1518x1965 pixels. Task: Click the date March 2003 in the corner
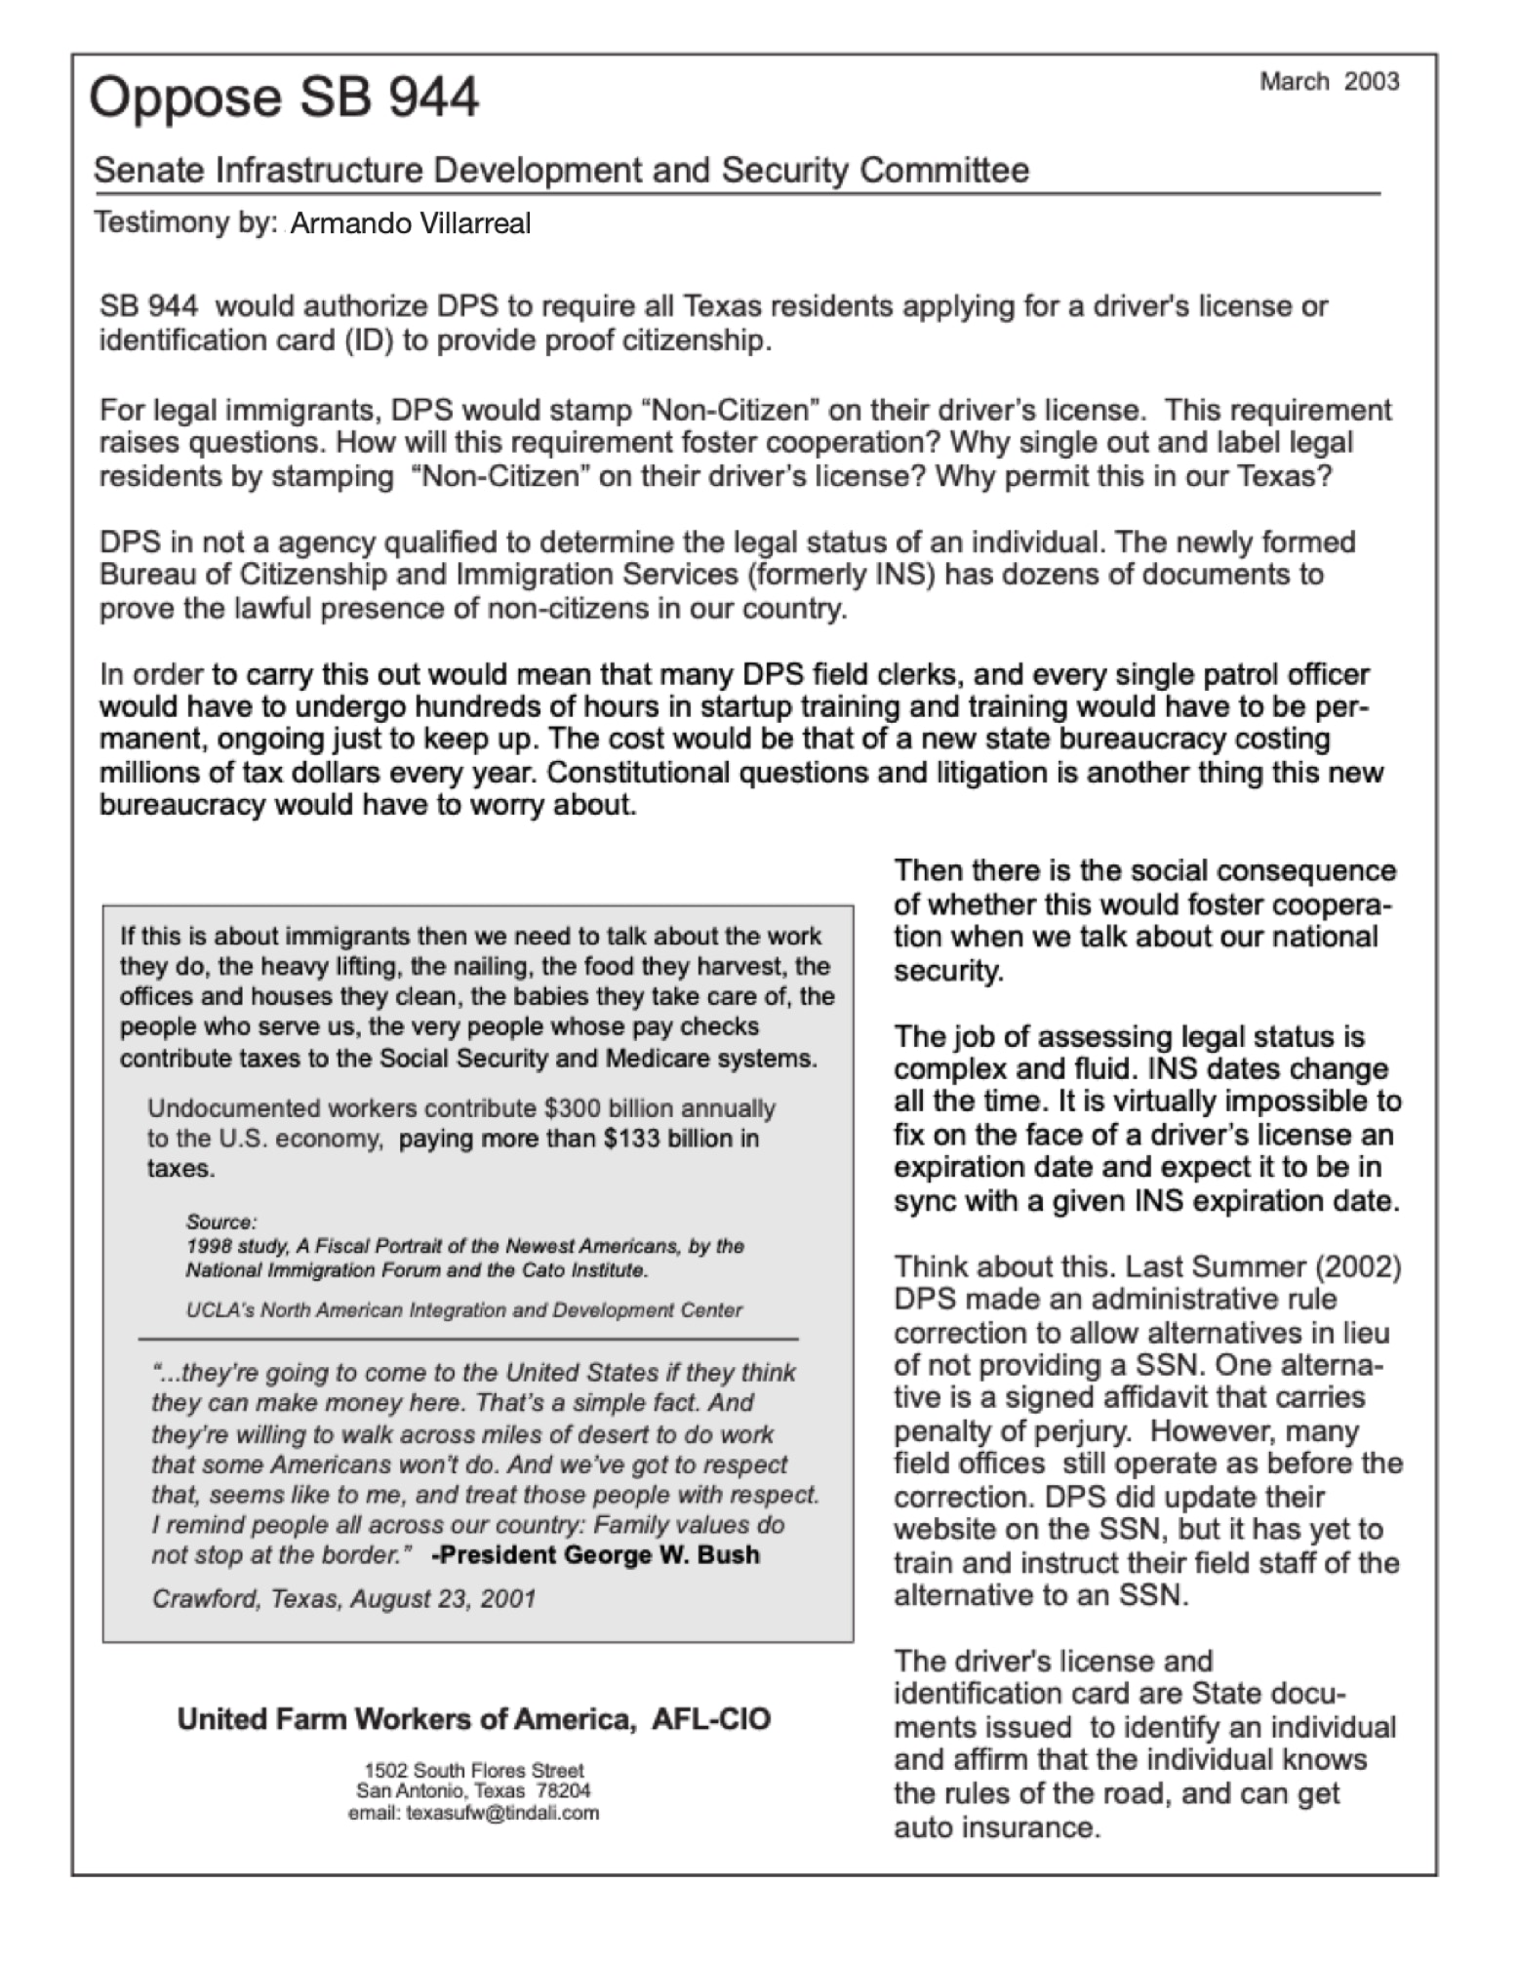coord(1329,82)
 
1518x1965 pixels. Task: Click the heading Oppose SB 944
coord(284,99)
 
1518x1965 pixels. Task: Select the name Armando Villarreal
coord(411,224)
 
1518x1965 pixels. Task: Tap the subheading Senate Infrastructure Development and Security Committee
coord(561,171)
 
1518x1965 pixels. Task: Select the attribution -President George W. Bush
coord(595,1555)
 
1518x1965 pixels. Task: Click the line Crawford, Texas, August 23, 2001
coord(343,1599)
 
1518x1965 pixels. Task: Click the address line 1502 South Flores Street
coord(473,1770)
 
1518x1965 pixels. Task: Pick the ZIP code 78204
coord(563,1791)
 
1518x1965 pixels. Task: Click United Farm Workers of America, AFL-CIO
coord(473,1719)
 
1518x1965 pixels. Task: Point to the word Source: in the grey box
coord(221,1223)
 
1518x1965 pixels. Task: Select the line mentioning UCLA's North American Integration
coord(463,1310)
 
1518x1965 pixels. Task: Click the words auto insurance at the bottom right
coord(996,1827)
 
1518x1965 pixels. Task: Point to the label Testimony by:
coord(185,223)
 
